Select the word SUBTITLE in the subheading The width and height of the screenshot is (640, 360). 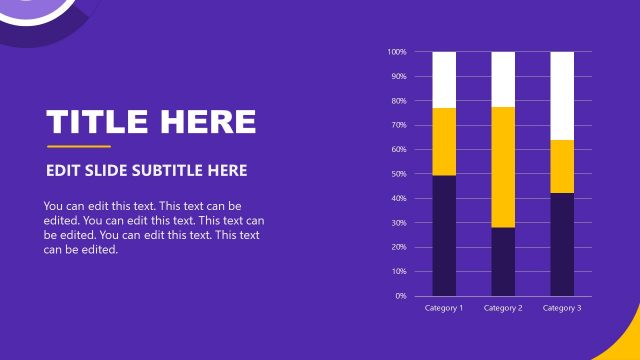click(x=149, y=171)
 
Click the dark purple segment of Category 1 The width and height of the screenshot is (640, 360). click(x=444, y=235)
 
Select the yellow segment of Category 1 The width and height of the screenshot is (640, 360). click(x=444, y=141)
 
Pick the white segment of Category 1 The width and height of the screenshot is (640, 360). click(x=444, y=79)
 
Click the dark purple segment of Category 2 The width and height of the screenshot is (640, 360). click(x=503, y=261)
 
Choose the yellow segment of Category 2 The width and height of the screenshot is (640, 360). click(x=503, y=167)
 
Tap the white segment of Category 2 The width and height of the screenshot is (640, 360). click(x=503, y=79)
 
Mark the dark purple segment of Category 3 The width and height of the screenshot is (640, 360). click(x=562, y=244)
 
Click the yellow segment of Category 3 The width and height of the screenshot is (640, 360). click(x=562, y=166)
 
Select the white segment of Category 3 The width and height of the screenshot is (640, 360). click(x=562, y=95)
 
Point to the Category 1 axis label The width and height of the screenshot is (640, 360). click(x=444, y=308)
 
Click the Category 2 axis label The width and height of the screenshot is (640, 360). click(x=503, y=308)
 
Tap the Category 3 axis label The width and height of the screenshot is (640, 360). click(x=562, y=308)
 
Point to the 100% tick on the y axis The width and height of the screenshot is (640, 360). click(x=397, y=52)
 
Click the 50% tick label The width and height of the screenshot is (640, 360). click(x=399, y=174)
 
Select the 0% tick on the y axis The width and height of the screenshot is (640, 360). click(x=401, y=296)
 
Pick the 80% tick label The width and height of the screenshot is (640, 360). click(x=399, y=101)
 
